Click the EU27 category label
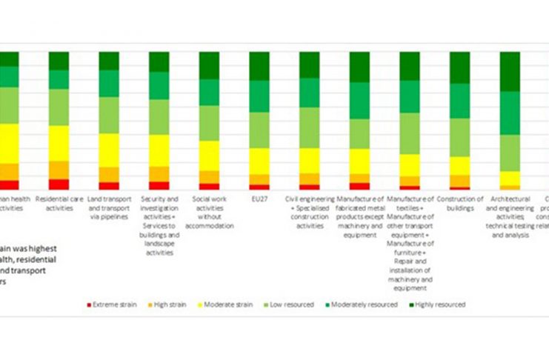click(x=259, y=199)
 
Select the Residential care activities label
click(x=59, y=204)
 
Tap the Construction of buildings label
click(x=460, y=204)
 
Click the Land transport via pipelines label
click(x=109, y=204)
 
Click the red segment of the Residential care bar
click(x=59, y=184)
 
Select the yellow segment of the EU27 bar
click(x=259, y=161)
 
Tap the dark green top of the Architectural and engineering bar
click(x=510, y=71)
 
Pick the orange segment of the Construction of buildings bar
click(x=460, y=181)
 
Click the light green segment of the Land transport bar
click(x=109, y=115)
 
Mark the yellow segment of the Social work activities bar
click(x=209, y=156)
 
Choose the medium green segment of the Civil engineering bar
click(x=310, y=93)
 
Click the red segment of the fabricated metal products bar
click(x=359, y=187)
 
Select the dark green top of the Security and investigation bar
click(x=159, y=61)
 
